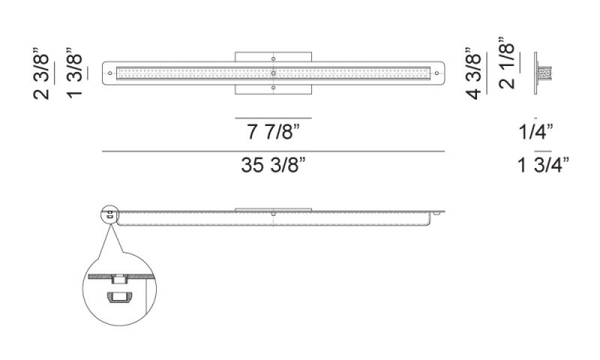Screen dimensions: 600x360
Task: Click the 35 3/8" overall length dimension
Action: coord(273,165)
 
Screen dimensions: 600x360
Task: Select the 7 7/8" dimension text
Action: coord(273,132)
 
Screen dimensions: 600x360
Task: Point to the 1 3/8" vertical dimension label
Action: coord(74,73)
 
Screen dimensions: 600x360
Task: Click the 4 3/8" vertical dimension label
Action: coord(473,73)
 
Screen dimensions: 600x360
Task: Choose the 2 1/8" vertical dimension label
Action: coord(507,63)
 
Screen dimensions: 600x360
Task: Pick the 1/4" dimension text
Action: coord(536,132)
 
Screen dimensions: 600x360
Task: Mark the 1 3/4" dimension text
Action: coord(543,165)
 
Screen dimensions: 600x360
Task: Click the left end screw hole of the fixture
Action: coord(110,73)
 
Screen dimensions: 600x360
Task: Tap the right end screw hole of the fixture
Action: coord(437,73)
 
